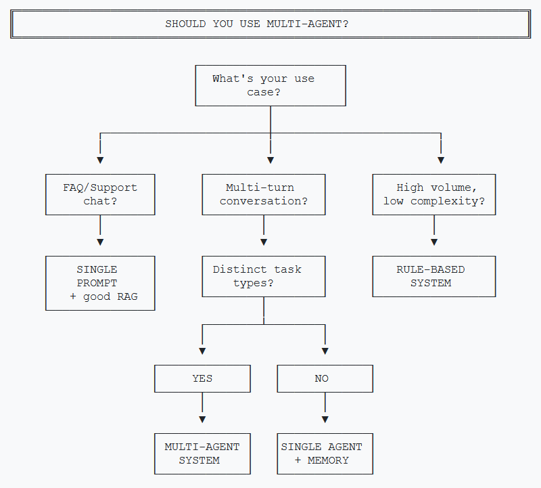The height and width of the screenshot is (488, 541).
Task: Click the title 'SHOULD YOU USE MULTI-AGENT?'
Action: point(257,24)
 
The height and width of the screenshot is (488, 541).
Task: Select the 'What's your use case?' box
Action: point(270,85)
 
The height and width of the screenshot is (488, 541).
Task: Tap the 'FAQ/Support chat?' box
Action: point(100,194)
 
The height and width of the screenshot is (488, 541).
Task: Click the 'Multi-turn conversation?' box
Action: point(264,194)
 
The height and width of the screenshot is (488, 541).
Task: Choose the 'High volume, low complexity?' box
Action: point(434,194)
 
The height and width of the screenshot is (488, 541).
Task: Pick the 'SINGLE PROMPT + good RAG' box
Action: point(100,283)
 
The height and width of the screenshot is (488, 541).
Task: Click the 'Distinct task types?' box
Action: point(264,276)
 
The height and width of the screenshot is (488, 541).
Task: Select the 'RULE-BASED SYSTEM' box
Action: point(434,276)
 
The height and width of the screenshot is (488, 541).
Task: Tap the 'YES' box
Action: point(202,378)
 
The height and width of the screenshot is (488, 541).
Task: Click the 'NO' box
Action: point(325,378)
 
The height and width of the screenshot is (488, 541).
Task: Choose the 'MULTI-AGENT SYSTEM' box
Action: point(202,453)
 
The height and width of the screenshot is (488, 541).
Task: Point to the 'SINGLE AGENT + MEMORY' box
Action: point(325,453)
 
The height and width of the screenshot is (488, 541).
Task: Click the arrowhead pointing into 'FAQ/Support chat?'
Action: point(100,160)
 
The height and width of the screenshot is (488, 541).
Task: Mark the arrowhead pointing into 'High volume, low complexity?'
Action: point(441,160)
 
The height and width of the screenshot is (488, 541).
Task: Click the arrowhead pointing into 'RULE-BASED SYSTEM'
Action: point(434,242)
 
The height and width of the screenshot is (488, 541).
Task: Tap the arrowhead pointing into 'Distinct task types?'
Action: point(264,242)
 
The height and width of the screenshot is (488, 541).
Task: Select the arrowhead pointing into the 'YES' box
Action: point(202,351)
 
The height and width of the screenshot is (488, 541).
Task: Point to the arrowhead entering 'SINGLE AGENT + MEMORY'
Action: point(325,420)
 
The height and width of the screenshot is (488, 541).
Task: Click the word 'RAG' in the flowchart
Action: point(127,296)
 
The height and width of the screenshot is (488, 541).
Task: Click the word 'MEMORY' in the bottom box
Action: point(328,460)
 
